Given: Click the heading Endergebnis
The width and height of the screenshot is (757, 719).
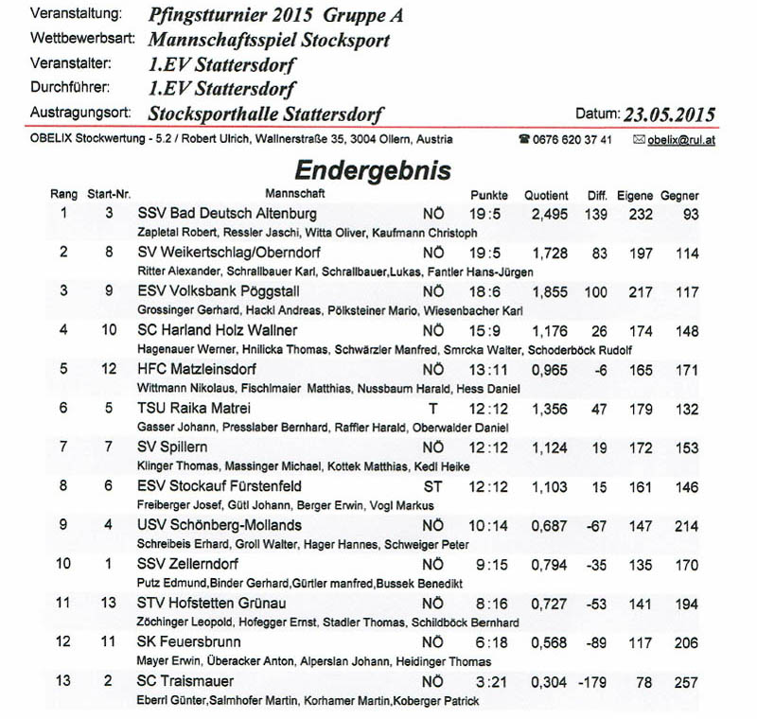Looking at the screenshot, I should (373, 170).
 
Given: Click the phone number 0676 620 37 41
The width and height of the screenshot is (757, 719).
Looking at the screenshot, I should (572, 140).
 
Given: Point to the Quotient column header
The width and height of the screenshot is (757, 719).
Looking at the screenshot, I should (547, 195).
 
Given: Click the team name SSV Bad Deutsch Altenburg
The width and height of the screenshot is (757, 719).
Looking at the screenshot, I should (227, 214).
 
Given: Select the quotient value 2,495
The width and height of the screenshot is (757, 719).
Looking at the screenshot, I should (549, 214).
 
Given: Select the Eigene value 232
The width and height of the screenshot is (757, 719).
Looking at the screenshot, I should (640, 214).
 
